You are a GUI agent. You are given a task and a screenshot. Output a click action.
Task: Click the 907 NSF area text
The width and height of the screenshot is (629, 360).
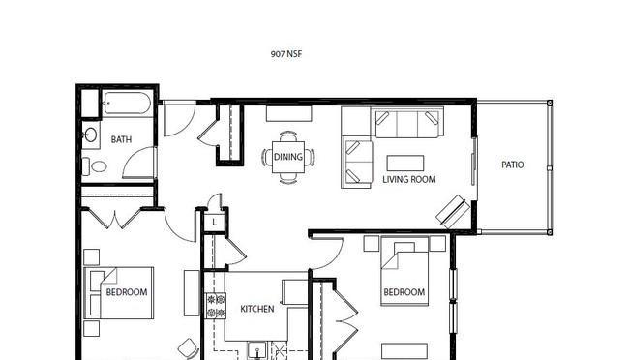point(286,54)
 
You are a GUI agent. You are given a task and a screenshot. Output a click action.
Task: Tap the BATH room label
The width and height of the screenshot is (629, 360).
point(121,139)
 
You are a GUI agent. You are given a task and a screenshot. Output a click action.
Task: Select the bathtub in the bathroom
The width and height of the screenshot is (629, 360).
point(127,104)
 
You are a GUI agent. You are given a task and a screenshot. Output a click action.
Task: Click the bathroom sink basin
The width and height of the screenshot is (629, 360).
point(91,135)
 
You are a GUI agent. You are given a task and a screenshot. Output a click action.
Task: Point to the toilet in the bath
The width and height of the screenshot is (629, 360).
point(95,166)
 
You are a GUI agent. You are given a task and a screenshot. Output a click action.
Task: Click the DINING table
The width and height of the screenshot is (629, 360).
point(288,157)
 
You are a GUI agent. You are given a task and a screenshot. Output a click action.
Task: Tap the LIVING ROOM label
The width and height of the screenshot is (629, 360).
point(408,179)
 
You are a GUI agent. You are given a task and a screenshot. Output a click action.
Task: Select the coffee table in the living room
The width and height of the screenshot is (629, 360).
point(405,163)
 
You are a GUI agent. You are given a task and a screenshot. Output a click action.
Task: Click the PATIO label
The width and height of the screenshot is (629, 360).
point(512,165)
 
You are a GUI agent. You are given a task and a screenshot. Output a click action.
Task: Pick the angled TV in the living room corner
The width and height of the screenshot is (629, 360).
point(453,212)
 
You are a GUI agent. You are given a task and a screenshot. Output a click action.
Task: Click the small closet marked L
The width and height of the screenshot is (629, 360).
point(215,222)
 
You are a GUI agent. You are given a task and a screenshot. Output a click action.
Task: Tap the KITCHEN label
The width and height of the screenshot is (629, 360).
point(257,309)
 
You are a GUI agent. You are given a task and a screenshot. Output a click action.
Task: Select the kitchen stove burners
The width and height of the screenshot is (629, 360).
point(216,306)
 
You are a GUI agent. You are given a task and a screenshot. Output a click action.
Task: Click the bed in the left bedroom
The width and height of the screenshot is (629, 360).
point(119,293)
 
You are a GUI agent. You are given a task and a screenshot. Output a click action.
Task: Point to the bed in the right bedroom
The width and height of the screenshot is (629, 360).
point(404,271)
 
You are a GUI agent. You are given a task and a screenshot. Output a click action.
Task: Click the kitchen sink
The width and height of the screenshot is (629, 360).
point(256,350)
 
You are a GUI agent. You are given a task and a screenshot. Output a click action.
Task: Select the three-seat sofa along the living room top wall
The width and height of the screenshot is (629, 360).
point(406,122)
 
